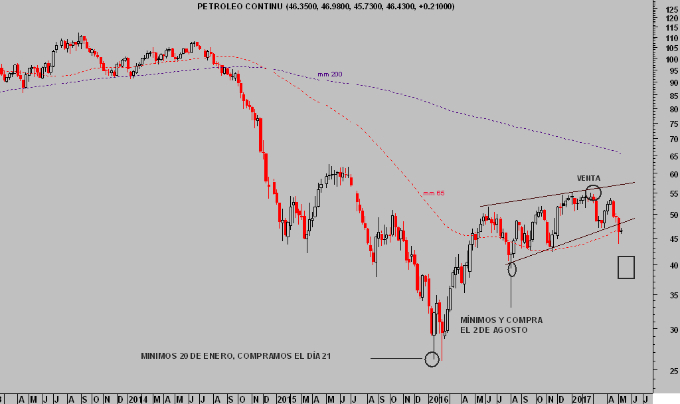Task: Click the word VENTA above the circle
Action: (x=588, y=178)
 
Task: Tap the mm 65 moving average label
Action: (x=434, y=193)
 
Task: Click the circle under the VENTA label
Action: (x=594, y=193)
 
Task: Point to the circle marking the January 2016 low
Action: (x=432, y=359)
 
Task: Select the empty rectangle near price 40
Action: (x=626, y=267)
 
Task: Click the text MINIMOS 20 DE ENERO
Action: (x=187, y=356)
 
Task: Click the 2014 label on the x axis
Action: (x=138, y=399)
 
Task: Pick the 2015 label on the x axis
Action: (x=286, y=399)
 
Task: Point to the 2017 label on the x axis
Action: (x=583, y=399)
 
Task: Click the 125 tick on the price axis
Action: (x=671, y=9)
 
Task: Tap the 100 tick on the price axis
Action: (x=671, y=60)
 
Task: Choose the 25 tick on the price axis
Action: (x=672, y=371)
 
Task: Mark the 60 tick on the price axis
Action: (x=672, y=174)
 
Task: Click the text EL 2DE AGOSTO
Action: (x=493, y=330)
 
